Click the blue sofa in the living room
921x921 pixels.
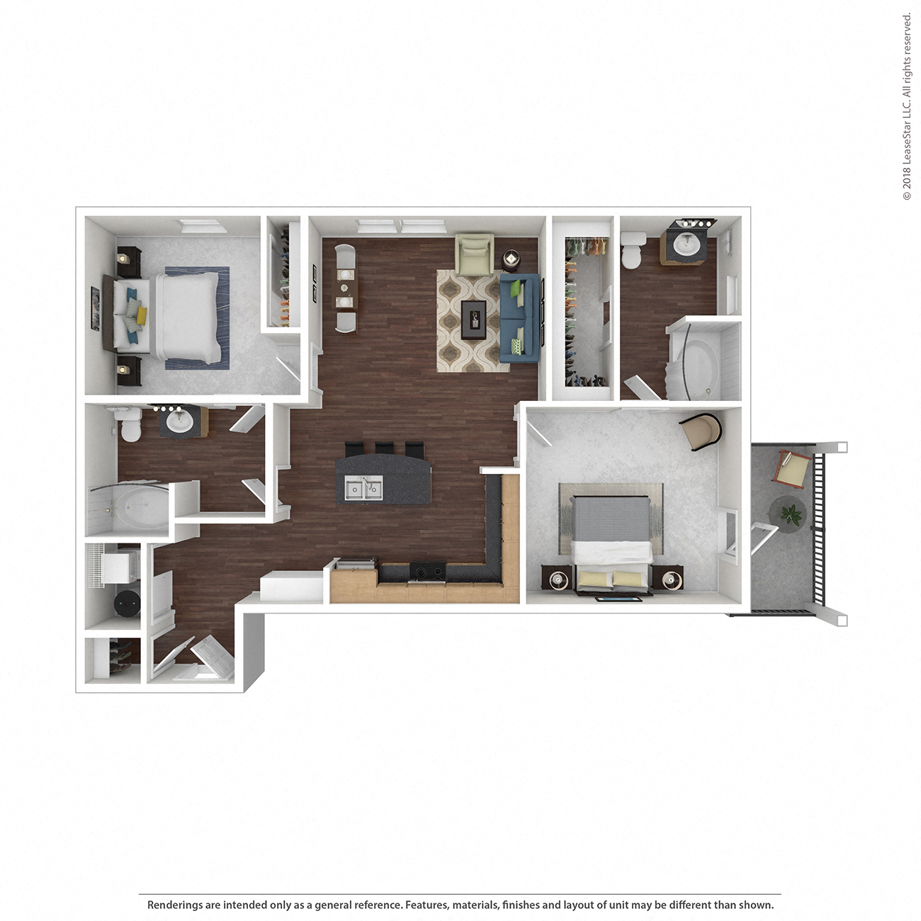pyautogui.click(x=520, y=319)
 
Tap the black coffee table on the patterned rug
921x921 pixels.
pyautogui.click(x=473, y=319)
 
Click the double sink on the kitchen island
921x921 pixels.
pyautogui.click(x=363, y=488)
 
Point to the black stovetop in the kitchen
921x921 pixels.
pyautogui.click(x=428, y=571)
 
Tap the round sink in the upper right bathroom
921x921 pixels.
pyautogui.click(x=686, y=244)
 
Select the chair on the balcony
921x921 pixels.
pyautogui.click(x=793, y=468)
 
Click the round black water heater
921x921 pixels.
pyautogui.click(x=128, y=604)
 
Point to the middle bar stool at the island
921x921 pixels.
pyautogui.click(x=385, y=450)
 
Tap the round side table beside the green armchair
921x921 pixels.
pyautogui.click(x=511, y=259)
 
